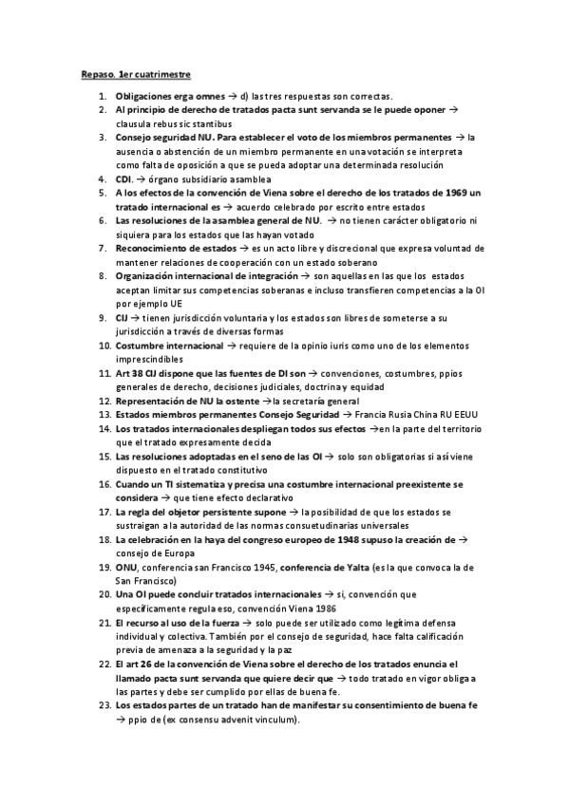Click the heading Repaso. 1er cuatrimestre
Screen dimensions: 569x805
coord(137,73)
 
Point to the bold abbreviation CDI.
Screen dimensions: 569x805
coord(123,178)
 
